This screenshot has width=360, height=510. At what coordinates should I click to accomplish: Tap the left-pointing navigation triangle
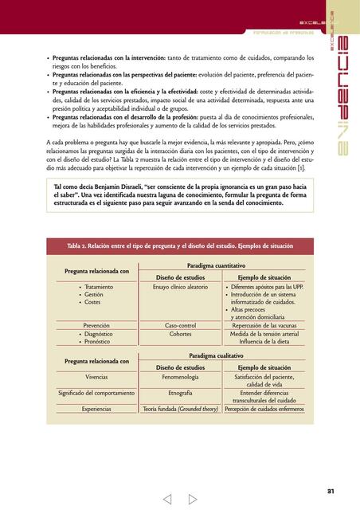click(167, 500)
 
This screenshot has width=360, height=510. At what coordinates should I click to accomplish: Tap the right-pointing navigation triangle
click(193, 500)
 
